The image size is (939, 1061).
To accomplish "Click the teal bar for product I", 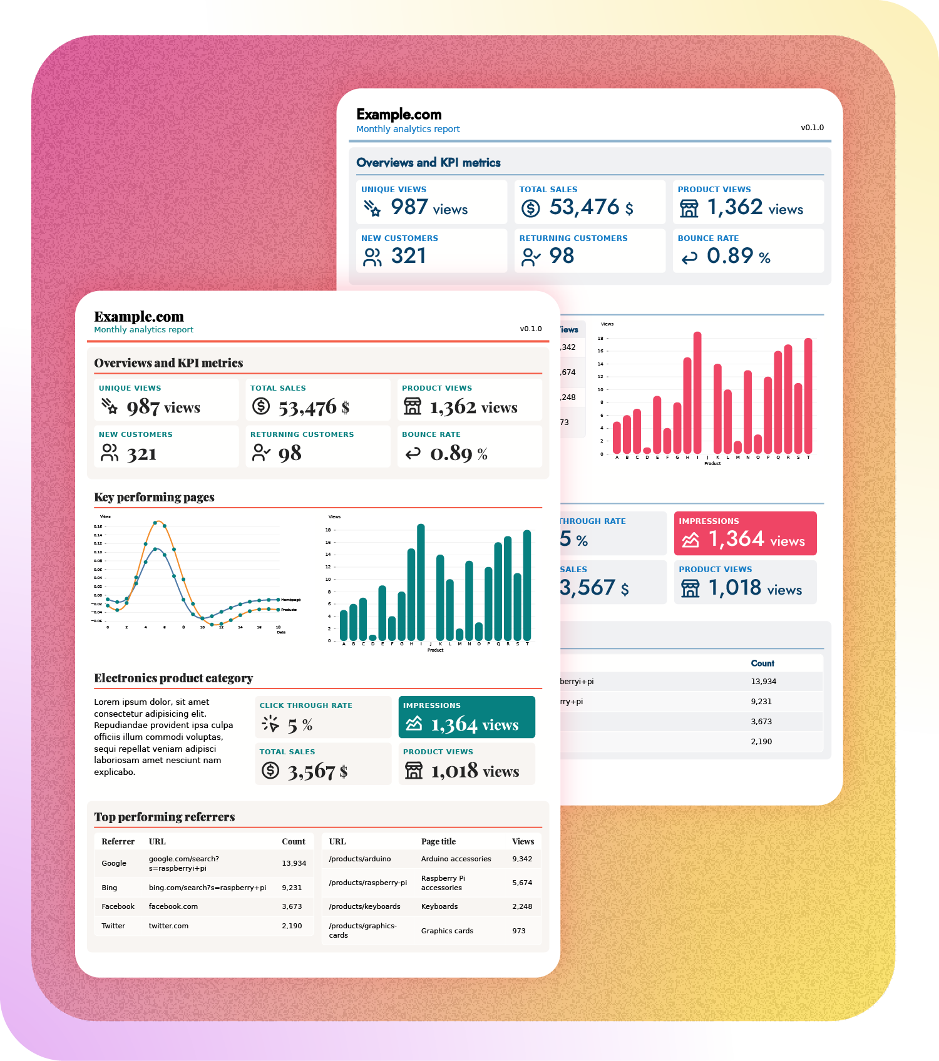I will point(421,582).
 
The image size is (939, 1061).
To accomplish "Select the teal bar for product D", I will point(372,638).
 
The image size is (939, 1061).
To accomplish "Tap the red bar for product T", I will point(808,396).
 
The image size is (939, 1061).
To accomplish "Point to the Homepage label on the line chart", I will point(290,600).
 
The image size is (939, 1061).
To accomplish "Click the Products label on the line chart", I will point(289,609).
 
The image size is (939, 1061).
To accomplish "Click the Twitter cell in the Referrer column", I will point(113,926).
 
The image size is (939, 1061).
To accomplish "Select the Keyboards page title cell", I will point(439,906).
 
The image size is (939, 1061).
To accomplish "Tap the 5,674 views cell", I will point(522,883).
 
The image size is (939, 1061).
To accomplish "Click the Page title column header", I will point(438,841).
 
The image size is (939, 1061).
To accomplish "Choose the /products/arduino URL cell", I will point(360,859).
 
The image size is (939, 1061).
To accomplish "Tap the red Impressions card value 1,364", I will point(736,539).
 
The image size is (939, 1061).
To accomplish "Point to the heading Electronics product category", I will point(173,678).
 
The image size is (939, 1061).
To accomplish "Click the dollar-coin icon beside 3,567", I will point(270,770).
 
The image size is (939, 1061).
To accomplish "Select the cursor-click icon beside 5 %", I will point(270,724).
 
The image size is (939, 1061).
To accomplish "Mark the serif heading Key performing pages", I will point(154,497).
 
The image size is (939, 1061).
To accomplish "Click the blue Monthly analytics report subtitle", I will point(408,129).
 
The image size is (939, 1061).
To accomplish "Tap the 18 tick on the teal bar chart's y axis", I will point(328,530).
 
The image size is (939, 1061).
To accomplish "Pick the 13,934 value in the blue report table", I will point(763,682).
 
